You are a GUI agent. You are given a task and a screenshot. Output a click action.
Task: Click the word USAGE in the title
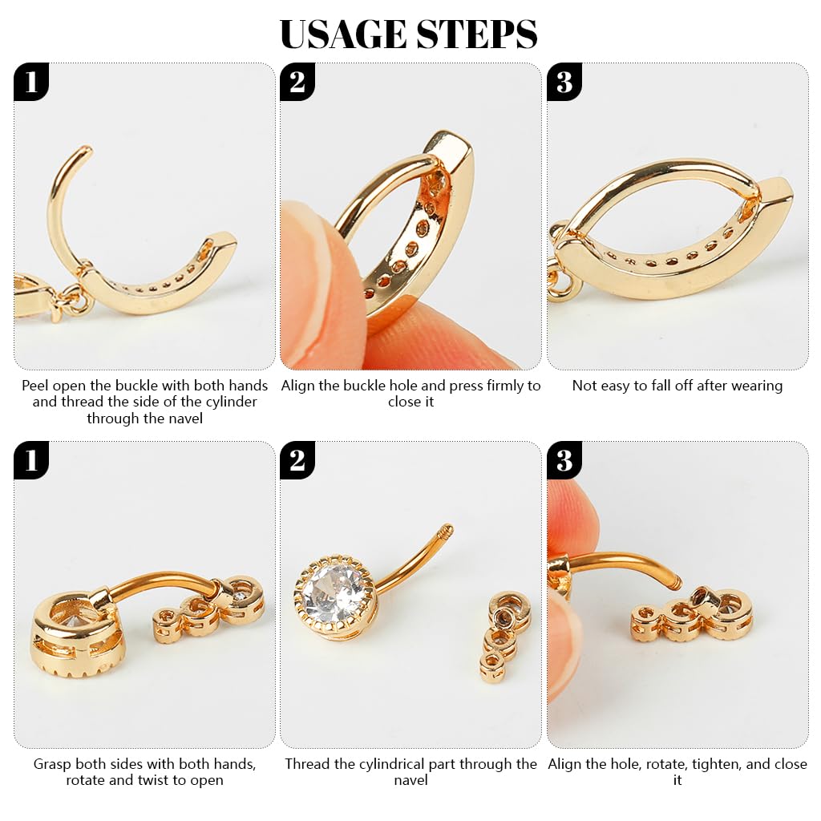click(344, 34)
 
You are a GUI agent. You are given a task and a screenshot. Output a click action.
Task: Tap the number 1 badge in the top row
click(31, 82)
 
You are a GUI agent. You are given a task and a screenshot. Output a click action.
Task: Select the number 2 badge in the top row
click(297, 82)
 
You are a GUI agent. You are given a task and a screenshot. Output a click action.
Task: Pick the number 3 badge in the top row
click(564, 82)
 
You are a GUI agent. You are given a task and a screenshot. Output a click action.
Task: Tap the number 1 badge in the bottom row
click(31, 460)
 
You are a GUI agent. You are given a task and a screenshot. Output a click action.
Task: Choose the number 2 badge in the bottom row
click(297, 460)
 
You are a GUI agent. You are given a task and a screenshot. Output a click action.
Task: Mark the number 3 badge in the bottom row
click(564, 460)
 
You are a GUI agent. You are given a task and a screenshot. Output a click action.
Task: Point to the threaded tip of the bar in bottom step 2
click(447, 529)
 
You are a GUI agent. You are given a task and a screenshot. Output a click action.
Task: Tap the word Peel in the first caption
click(35, 386)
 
